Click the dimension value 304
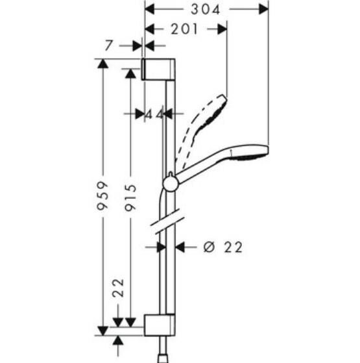click(206, 9)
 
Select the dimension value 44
click(154, 113)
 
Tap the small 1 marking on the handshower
click(230, 152)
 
